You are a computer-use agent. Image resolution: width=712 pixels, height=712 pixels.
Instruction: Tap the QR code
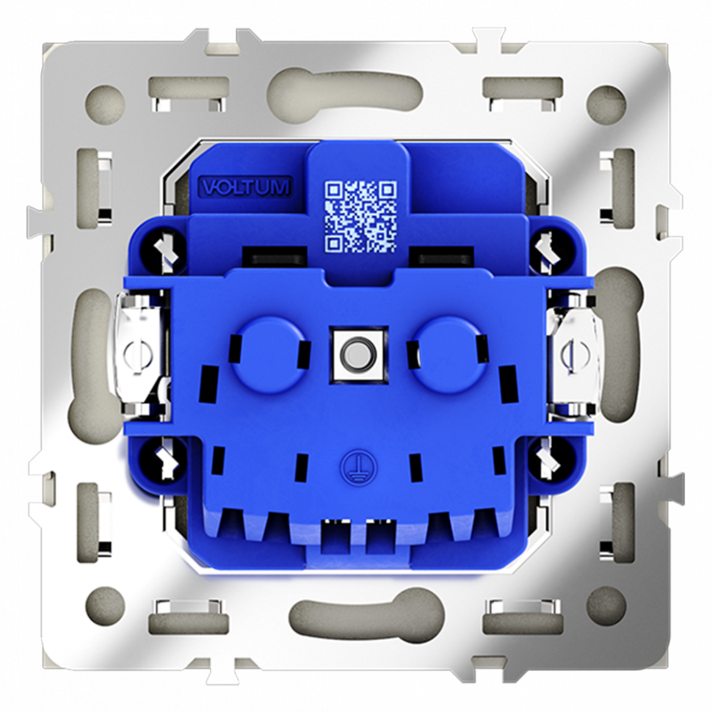[360, 216]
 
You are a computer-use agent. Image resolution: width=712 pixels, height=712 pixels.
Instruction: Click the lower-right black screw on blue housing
[547, 461]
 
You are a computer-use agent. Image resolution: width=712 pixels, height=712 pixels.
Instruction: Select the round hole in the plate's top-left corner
[105, 99]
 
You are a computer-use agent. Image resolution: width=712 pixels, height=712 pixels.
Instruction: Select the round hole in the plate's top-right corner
[607, 99]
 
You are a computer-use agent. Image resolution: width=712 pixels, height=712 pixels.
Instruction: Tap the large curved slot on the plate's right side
[624, 345]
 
